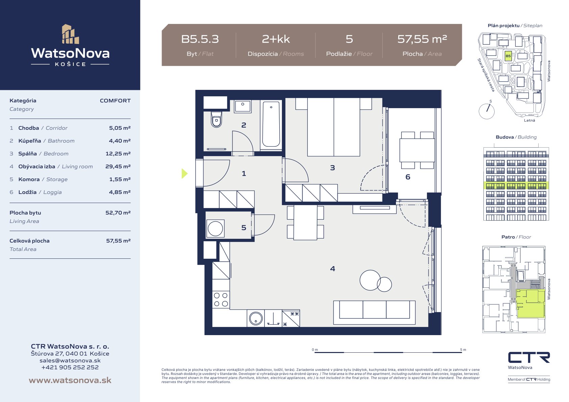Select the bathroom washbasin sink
(243, 106)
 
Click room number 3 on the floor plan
(333, 168)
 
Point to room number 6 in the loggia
(408, 177)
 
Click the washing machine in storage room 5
(215, 228)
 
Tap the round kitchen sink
(256, 318)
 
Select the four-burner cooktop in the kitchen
(221, 299)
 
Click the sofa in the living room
(374, 312)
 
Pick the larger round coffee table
(370, 280)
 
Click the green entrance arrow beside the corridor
(185, 174)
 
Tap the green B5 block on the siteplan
(508, 56)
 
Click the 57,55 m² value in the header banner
(422, 39)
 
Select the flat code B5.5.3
(200, 39)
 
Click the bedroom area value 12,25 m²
(118, 154)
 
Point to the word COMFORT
(115, 101)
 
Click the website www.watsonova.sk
(70, 380)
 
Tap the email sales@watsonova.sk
(70, 360)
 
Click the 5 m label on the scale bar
(463, 350)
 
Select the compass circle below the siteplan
(487, 111)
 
